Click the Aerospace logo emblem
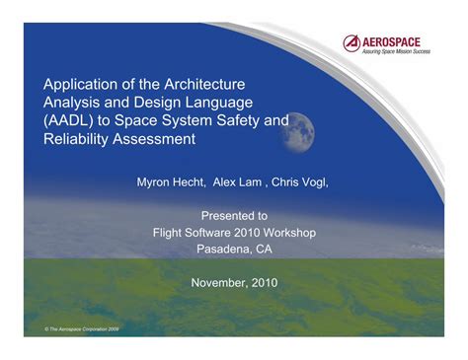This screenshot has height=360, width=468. click(351, 42)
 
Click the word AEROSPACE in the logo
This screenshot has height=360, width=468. click(393, 40)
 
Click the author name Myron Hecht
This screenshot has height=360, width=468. click(169, 182)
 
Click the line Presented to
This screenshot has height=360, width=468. click(234, 213)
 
